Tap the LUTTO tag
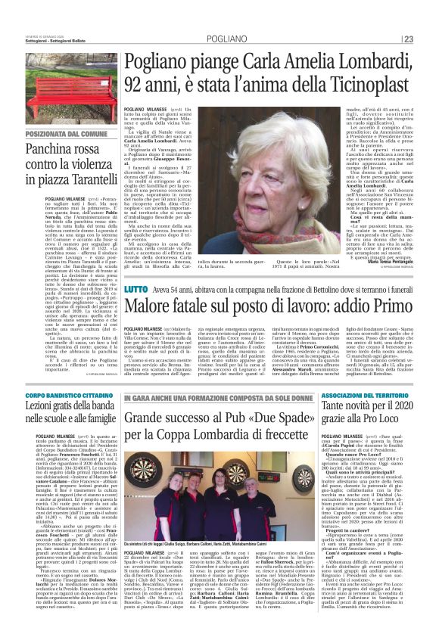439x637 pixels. click(x=136, y=288)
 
